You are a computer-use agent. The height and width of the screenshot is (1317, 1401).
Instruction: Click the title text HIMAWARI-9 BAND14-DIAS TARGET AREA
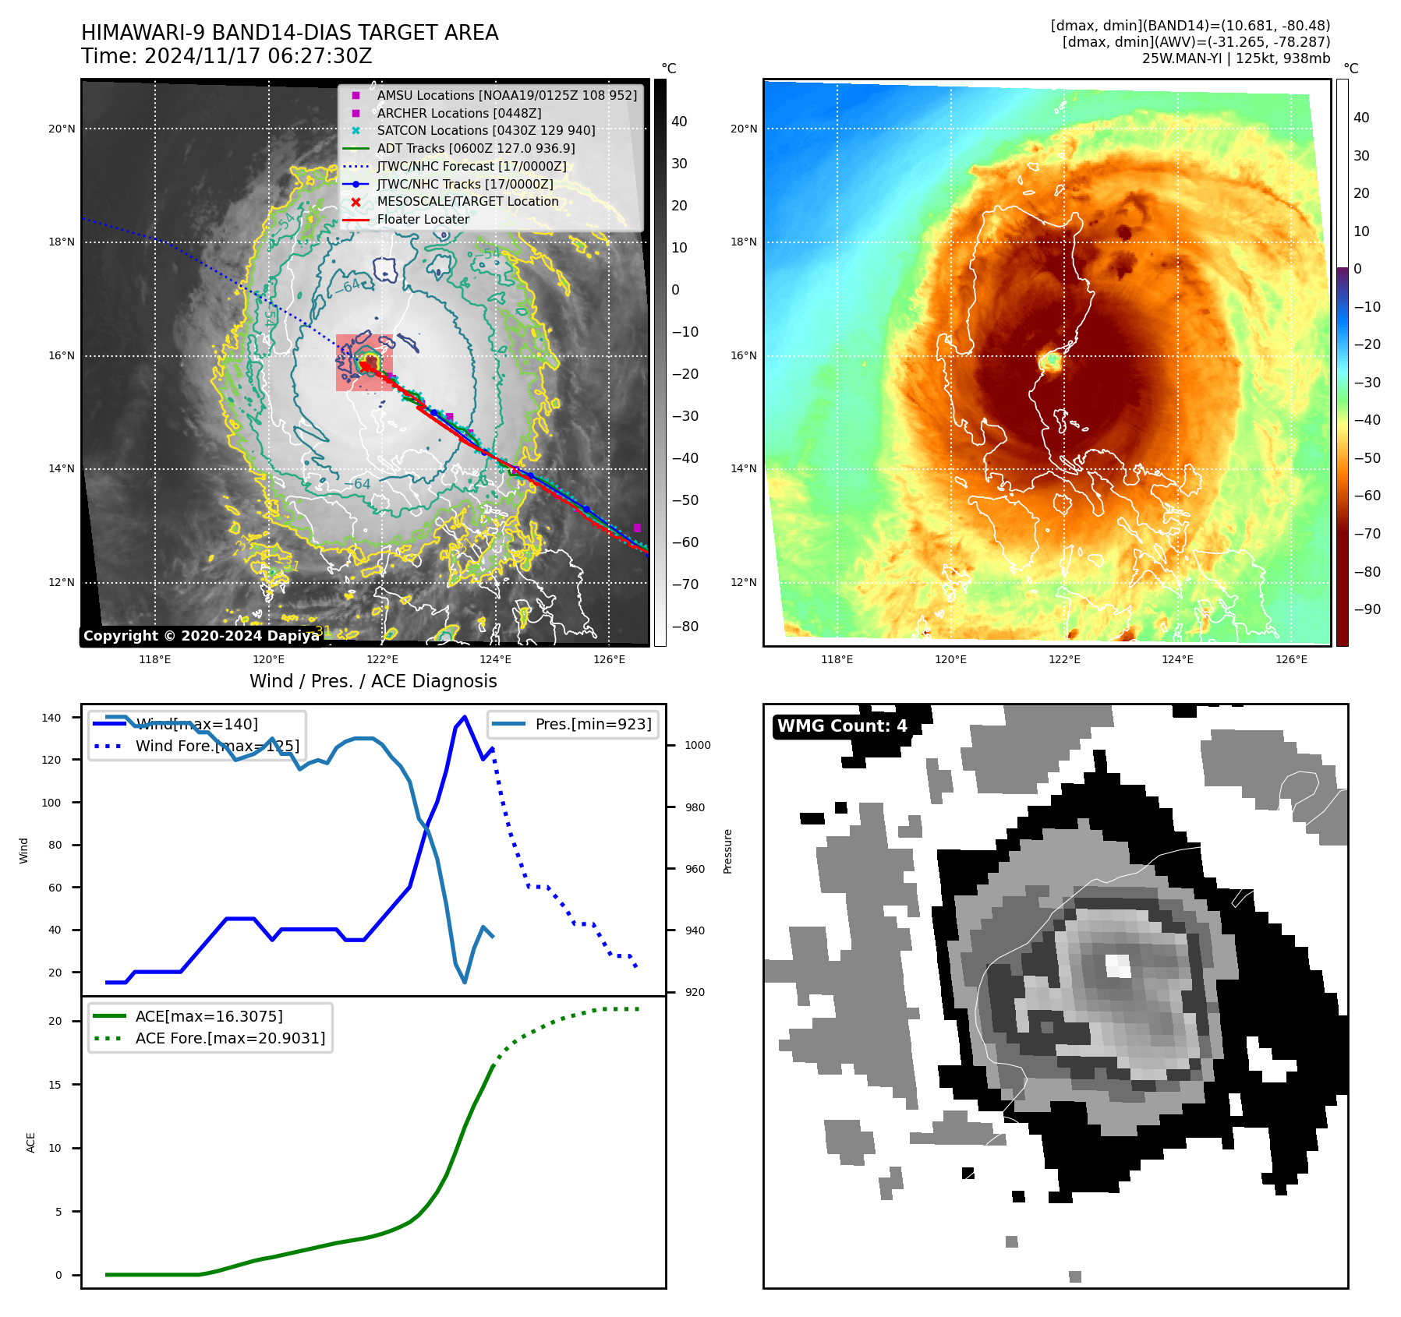click(289, 33)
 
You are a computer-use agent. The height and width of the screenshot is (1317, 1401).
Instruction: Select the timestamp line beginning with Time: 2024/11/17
click(226, 57)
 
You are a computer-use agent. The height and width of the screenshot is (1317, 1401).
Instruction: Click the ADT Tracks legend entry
click(476, 148)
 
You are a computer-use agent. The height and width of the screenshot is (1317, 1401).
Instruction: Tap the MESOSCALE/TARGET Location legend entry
click(467, 202)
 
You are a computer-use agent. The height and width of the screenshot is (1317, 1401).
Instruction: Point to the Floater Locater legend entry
click(423, 220)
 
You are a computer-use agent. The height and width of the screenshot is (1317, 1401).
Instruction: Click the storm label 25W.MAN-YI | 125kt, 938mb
click(1236, 58)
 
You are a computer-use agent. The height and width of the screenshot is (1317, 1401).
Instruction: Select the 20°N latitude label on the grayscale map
click(62, 129)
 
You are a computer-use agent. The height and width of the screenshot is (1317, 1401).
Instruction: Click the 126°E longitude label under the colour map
click(1291, 659)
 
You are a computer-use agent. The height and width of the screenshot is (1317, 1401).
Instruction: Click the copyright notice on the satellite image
click(201, 636)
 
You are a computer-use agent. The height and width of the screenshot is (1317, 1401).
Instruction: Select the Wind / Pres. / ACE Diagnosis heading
click(373, 681)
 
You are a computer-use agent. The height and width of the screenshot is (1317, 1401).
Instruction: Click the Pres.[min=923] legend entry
click(593, 724)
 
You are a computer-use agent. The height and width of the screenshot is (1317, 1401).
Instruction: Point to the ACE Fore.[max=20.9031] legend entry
click(230, 1038)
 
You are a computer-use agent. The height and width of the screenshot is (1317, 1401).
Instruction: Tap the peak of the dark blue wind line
click(465, 716)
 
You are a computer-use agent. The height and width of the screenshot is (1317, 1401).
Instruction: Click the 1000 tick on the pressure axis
click(697, 745)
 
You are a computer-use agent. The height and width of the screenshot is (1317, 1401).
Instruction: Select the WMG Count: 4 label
click(842, 726)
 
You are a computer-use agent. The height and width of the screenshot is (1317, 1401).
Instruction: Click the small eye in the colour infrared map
click(1050, 362)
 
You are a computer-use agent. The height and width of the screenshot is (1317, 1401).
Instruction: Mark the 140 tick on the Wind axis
click(51, 718)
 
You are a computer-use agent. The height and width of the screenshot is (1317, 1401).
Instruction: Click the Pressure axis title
click(727, 851)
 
